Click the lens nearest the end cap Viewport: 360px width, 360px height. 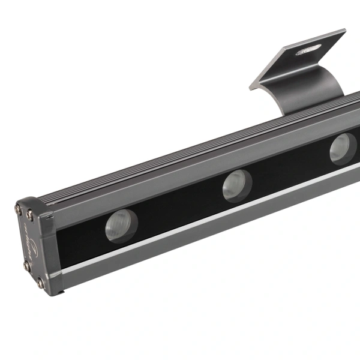(x=122, y=226)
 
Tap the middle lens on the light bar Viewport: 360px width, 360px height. (x=237, y=185)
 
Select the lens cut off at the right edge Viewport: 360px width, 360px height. (x=343, y=149)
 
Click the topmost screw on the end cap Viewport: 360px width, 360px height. (x=19, y=209)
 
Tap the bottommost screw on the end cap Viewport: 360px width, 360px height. (x=40, y=282)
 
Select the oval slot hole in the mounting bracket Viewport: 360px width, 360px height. (x=308, y=50)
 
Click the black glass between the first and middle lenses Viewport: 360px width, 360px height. (x=180, y=207)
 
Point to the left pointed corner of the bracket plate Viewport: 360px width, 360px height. (x=251, y=88)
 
